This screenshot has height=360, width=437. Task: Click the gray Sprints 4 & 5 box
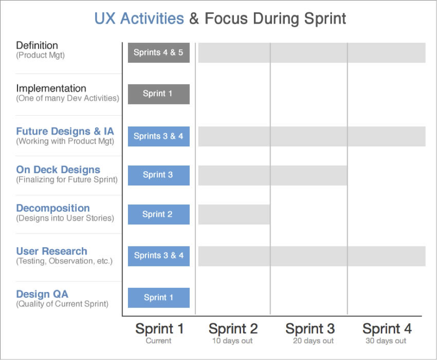pos(158,53)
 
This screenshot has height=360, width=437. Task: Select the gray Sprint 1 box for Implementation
pos(158,94)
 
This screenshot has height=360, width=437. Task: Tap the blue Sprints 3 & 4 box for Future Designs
pos(158,136)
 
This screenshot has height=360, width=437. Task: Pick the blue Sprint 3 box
pos(158,175)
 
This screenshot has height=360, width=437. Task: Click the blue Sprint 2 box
pos(158,214)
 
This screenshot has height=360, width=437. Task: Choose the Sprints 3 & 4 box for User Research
pos(158,256)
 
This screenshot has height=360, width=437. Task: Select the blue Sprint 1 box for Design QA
pos(158,298)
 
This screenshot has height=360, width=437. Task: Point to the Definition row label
pos(37,46)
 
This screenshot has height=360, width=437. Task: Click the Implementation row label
pos(51,88)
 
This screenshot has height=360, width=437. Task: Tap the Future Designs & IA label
pos(65,131)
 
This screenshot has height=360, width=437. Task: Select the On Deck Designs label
pos(58,170)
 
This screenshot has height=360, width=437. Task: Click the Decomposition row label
pos(53,208)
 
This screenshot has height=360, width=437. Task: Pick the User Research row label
pos(51,251)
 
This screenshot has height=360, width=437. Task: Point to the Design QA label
pos(42,294)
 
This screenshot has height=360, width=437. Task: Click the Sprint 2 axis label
pos(233,329)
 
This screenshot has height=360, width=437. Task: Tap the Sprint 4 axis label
pos(387,329)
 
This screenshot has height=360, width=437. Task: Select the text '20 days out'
pos(313,341)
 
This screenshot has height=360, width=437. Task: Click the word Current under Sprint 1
pos(158,341)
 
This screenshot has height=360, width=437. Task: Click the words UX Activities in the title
pos(139,19)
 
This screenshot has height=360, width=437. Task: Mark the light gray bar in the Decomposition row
pos(234,214)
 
